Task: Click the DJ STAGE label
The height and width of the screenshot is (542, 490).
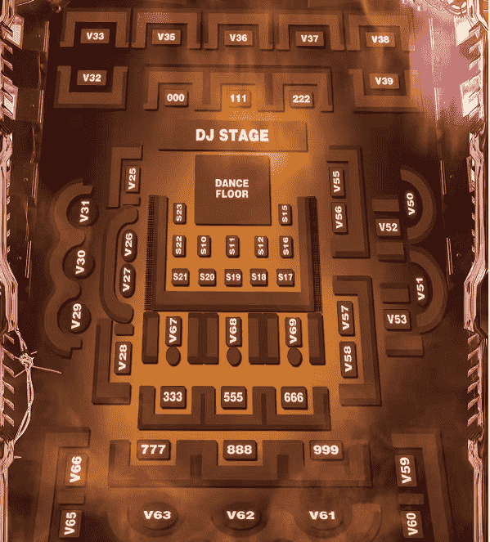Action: [x=232, y=136]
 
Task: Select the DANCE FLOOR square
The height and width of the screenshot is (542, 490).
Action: [x=232, y=190]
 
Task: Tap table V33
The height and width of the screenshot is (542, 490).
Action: [x=95, y=36]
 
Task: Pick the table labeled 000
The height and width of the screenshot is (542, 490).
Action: [x=175, y=98]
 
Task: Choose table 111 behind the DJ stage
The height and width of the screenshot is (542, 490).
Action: [x=238, y=99]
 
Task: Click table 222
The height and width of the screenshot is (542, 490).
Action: [x=301, y=99]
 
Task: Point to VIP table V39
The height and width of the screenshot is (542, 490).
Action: [x=384, y=81]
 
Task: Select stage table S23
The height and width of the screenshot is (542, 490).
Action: [x=179, y=213]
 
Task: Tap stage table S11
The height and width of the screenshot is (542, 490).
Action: [x=232, y=246]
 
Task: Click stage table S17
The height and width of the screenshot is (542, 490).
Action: [x=285, y=277]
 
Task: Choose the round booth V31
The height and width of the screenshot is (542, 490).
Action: [x=84, y=211]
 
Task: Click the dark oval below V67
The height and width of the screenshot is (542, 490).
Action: [x=173, y=356]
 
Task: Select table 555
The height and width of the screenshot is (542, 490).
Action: [x=233, y=397]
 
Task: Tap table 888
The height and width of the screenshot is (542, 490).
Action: [x=240, y=450]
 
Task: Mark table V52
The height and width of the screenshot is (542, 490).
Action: [x=388, y=227]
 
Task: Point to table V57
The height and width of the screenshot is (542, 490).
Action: [x=345, y=318]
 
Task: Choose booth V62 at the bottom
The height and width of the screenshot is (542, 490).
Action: [x=241, y=516]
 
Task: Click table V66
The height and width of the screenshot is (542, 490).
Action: [x=75, y=469]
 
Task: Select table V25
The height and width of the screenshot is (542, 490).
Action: [x=132, y=179]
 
